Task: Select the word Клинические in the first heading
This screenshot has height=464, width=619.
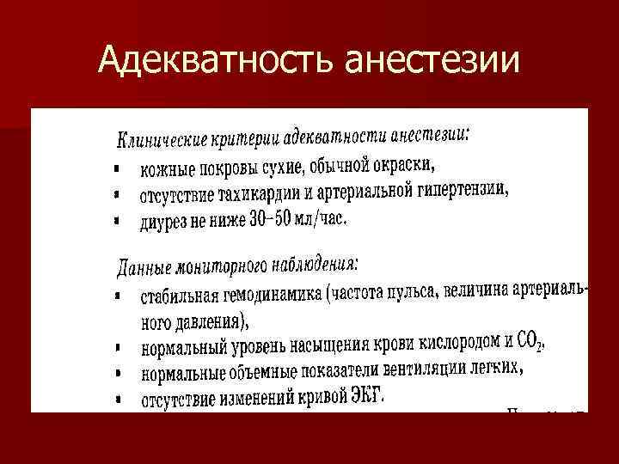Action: coord(159,138)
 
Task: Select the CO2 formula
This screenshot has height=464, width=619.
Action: coord(530,340)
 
